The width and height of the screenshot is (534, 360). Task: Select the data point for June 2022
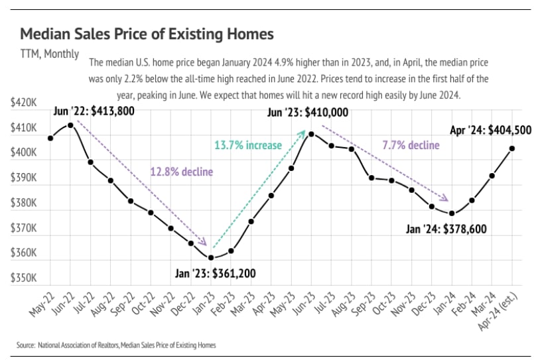tap(70, 125)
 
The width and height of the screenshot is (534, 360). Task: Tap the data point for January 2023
tap(211, 257)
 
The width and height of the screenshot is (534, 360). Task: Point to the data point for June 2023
tap(311, 134)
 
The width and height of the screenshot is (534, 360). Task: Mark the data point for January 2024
tap(452, 213)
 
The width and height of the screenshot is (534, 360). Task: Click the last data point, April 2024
tap(512, 149)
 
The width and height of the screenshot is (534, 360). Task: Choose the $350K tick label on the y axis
tap(24, 278)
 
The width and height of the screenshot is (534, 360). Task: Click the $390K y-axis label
tap(24, 178)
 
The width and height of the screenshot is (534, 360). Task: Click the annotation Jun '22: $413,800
tap(94, 111)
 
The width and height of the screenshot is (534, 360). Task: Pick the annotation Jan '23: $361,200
tap(215, 272)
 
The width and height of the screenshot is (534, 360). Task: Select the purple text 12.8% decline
tap(181, 172)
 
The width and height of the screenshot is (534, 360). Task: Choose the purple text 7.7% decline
tap(411, 145)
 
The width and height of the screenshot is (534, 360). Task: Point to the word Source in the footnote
tap(25, 345)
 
